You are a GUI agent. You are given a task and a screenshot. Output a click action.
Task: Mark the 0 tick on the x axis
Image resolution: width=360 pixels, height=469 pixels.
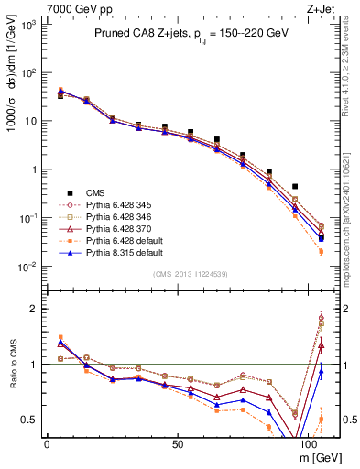(x=47, y=442)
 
